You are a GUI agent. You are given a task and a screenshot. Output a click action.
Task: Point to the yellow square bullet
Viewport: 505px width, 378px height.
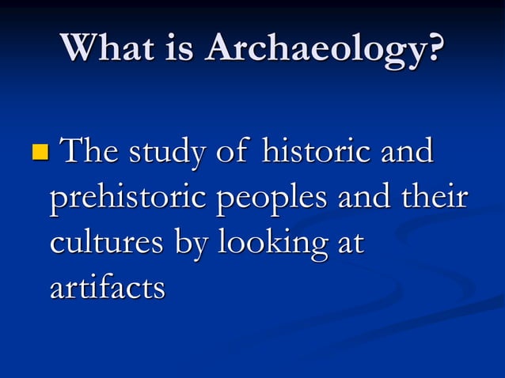click(x=39, y=149)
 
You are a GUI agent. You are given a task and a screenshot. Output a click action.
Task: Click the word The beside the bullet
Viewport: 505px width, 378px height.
click(x=90, y=151)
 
